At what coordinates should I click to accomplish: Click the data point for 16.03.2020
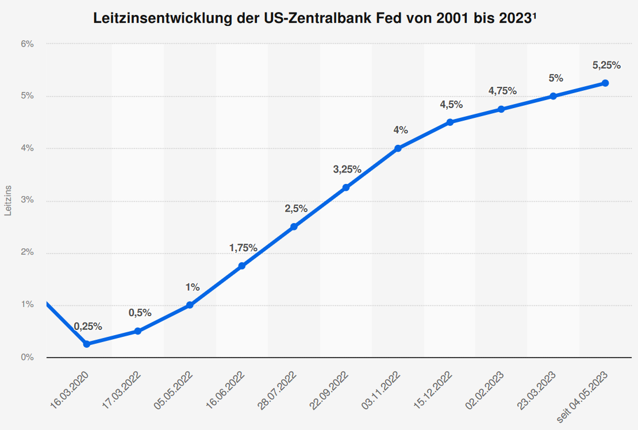86,344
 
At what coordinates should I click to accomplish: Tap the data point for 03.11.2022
398,148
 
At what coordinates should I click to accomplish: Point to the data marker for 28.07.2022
294,226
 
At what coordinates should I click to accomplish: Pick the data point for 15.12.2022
450,122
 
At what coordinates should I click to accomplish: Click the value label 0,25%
88,327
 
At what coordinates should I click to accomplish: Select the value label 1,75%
243,248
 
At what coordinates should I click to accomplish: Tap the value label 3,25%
347,169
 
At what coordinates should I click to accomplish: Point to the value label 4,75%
502,90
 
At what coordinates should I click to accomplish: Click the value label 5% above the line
556,78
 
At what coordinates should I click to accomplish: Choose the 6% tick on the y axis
28,44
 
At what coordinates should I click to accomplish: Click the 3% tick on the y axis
28,201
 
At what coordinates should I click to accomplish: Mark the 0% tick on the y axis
28,358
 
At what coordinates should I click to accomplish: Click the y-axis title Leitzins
8,201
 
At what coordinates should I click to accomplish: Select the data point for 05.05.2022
190,305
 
